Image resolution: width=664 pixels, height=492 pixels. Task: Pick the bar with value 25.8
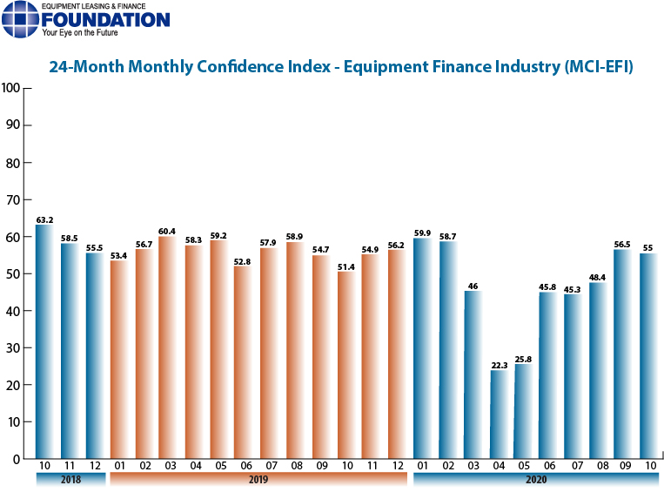[x=525, y=410]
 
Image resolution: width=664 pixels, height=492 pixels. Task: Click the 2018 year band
[x=70, y=480]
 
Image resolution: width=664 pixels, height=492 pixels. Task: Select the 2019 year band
[x=258, y=480]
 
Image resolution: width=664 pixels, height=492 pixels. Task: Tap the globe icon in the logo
[x=20, y=20]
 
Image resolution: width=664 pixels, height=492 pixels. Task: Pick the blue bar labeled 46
[x=474, y=374]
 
